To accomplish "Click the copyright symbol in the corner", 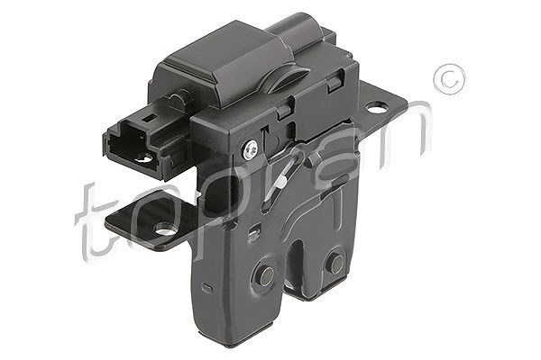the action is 449,79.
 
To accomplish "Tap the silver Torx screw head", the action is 250,150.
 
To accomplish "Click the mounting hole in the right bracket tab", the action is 377,108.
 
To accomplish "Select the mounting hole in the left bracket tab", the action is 165,229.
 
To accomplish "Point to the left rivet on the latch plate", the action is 266,275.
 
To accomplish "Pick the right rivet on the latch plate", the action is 335,263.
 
